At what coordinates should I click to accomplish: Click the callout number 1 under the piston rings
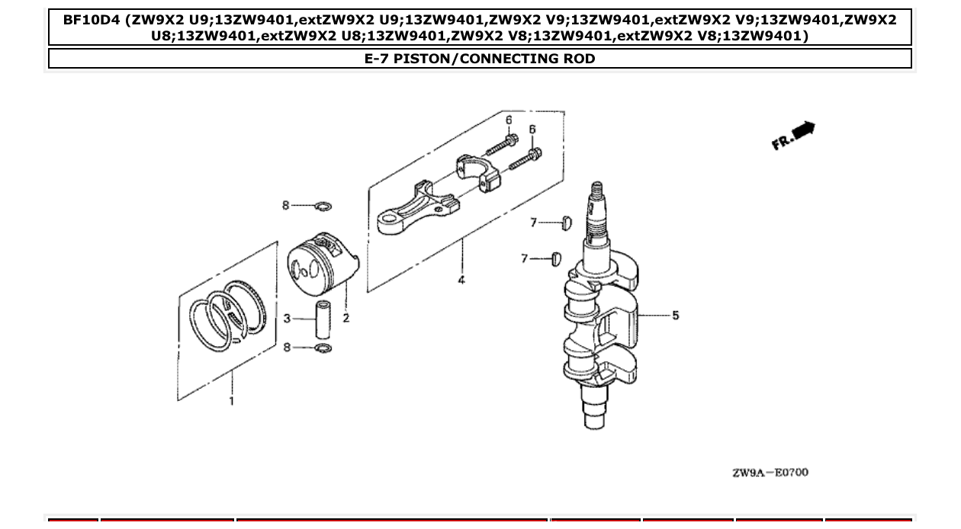[x=232, y=401]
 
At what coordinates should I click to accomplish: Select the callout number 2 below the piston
[x=346, y=318]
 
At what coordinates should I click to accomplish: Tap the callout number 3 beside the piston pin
[x=287, y=318]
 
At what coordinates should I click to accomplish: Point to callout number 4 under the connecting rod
[x=461, y=281]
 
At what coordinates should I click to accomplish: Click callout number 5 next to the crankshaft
[x=675, y=315]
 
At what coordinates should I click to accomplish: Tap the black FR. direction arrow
[x=804, y=131]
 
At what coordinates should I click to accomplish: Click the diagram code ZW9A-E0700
[x=770, y=473]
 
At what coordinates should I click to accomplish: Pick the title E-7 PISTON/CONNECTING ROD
[x=480, y=59]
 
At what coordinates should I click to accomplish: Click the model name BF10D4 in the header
[x=94, y=20]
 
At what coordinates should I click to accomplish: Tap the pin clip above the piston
[x=323, y=206]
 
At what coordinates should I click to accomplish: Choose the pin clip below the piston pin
[x=323, y=348]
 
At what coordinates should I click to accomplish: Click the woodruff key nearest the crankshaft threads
[x=565, y=223]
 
